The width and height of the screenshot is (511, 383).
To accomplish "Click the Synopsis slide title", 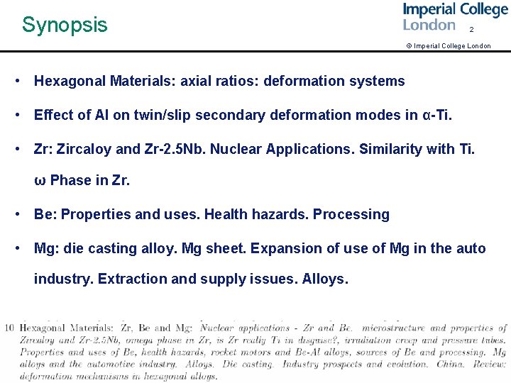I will pyautogui.click(x=65, y=25).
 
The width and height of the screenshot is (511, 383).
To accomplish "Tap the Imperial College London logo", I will pyautogui.click(x=455, y=16).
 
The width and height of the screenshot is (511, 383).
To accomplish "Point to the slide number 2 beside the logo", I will pyautogui.click(x=471, y=30).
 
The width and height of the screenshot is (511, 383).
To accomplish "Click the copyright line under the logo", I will pyautogui.click(x=448, y=46).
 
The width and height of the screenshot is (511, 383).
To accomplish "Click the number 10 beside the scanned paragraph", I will pyautogui.click(x=9, y=328).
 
